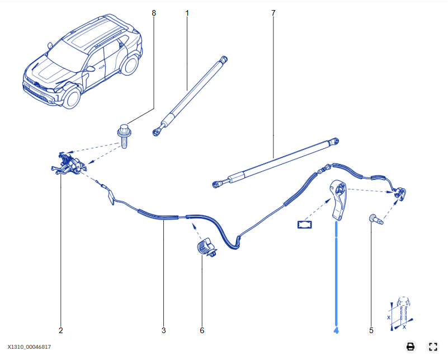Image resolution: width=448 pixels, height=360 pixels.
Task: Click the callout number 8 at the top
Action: [154, 12]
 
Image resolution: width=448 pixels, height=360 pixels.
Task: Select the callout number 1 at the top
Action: [187, 12]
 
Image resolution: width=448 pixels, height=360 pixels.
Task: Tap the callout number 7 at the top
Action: [273, 12]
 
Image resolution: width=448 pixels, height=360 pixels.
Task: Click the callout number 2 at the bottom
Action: [61, 330]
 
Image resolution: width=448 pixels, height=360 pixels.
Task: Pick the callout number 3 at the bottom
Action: [164, 330]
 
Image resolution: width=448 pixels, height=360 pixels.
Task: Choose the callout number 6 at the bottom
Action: [202, 330]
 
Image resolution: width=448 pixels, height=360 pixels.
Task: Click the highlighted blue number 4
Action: [336, 330]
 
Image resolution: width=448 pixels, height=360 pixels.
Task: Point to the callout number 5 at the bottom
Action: [371, 330]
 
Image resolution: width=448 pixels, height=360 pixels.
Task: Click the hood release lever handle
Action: [338, 199]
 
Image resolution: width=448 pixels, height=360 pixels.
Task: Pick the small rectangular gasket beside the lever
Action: [305, 225]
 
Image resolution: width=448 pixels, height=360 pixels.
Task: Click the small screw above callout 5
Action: [374, 219]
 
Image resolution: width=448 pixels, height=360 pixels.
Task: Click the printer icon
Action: [410, 347]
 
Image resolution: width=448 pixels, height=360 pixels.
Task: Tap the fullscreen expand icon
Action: [432, 347]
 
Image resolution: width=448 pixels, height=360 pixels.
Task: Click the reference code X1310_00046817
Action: [33, 347]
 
